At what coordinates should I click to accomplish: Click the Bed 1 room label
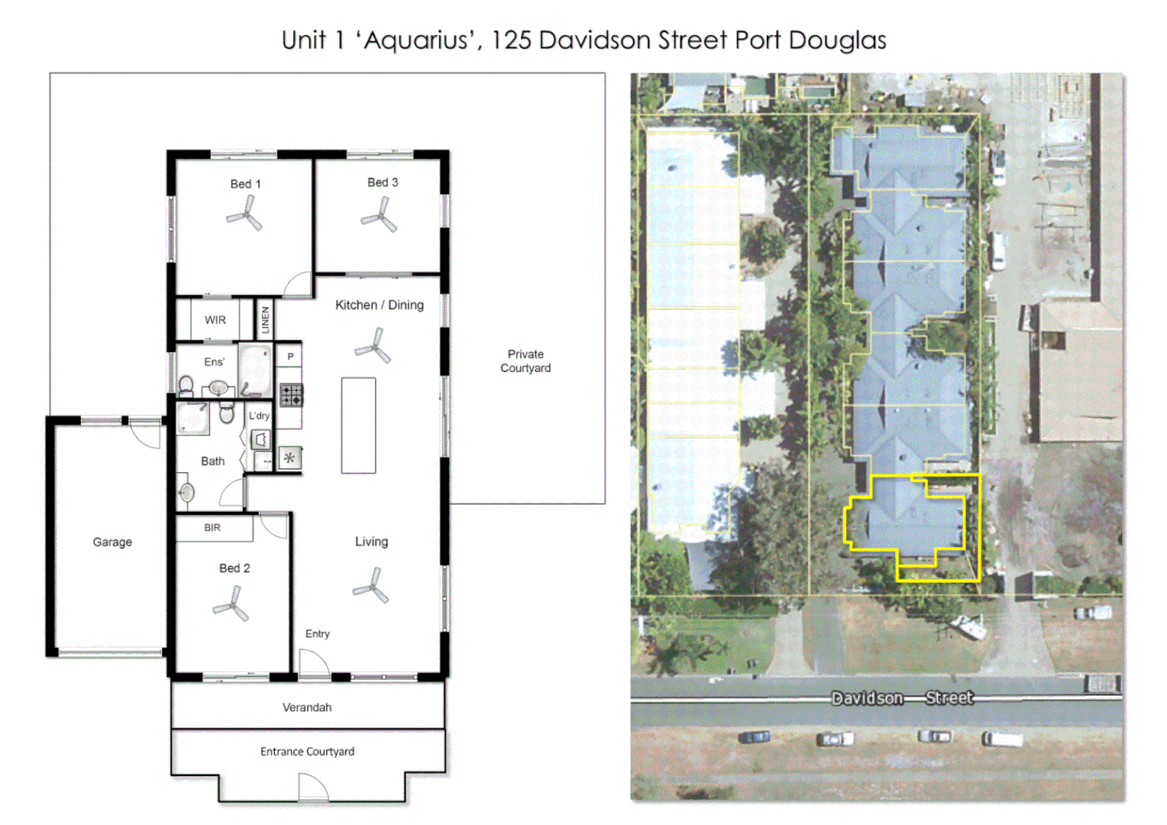coord(245,184)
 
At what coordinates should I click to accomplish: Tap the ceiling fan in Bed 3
coord(380,216)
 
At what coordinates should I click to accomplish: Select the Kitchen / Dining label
coord(380,305)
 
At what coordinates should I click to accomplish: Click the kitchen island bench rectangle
coord(358,425)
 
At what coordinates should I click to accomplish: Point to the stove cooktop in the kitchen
coord(291,394)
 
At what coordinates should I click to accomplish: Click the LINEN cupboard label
coord(265,319)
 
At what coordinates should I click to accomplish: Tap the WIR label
coord(215,320)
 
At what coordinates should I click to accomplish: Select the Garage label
coord(112,542)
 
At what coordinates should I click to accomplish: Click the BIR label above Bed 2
coord(212,528)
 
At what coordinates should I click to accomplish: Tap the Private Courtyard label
coord(525,361)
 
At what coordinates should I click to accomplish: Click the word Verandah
coord(307,707)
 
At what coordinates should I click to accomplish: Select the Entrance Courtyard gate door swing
coord(312,788)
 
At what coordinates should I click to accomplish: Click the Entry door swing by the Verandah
coord(312,663)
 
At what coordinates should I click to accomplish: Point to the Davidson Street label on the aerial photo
coord(902,697)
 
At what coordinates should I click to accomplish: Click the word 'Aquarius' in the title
coord(417,40)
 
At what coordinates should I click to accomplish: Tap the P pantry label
coord(290,356)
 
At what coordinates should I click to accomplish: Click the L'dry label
coord(259,416)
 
